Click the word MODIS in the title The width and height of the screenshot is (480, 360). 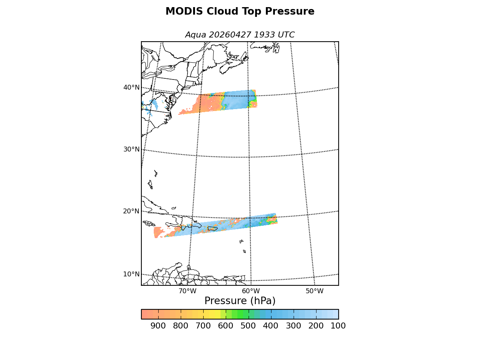coord(184,11)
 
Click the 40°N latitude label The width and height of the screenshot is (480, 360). coord(131,87)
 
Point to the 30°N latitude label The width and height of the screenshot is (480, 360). coord(131,149)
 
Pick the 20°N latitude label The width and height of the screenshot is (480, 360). coord(131,211)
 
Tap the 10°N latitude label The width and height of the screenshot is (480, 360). coord(131,274)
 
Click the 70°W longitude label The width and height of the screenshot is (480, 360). coord(187,291)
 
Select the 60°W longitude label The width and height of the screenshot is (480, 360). coord(251,291)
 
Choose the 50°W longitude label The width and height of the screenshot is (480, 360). coord(315,291)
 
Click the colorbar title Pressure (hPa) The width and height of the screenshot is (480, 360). coord(240,301)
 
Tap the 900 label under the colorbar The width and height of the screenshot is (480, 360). coord(158,326)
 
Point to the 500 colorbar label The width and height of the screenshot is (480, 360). coord(248,326)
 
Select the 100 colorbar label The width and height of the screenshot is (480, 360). coord(338,326)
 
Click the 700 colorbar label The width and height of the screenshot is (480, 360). coord(203,326)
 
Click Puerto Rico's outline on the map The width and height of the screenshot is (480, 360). coord(212,229)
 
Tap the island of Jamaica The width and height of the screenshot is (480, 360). coord(149,223)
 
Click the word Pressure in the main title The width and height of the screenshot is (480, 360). coord(290,11)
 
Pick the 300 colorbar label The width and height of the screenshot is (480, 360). coord(294,326)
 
